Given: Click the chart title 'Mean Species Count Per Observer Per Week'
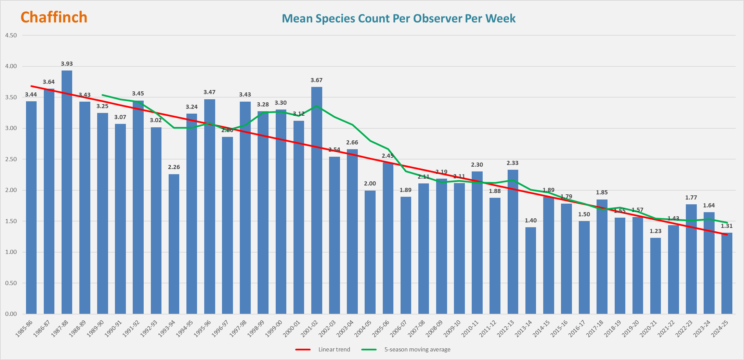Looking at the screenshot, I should point(399,18).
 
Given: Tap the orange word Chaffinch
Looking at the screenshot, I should point(54,17).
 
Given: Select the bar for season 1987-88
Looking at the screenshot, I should point(67,192).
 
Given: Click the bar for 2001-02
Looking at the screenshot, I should point(316,200).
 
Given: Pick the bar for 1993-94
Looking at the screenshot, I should point(174,244).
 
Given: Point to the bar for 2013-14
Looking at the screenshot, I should point(531,270).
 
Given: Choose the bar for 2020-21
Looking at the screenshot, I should point(655,275).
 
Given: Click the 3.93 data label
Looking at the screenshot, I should point(67,64).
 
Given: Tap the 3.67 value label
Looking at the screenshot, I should point(316,80).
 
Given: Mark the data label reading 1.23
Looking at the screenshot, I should point(655,231).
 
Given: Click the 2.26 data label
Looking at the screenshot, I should point(174,167).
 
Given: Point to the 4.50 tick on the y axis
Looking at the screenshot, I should point(11,36).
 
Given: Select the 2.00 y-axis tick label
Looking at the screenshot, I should point(11,190).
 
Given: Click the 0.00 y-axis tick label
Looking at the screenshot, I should point(11,314).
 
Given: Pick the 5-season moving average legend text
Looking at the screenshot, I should point(417,349).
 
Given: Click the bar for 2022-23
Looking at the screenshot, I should point(691,259).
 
